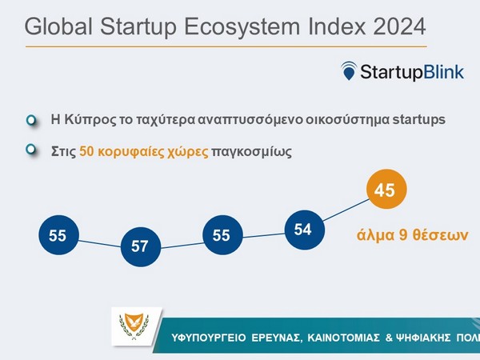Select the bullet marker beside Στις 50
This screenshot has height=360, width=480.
coord(31,149)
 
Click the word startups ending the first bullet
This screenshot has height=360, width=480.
coord(416,120)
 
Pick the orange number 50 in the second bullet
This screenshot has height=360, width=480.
coord(89,150)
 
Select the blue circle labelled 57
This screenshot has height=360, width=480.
coord(140,246)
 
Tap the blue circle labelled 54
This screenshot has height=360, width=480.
coord(302,230)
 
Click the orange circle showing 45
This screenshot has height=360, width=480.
coord(386,191)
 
